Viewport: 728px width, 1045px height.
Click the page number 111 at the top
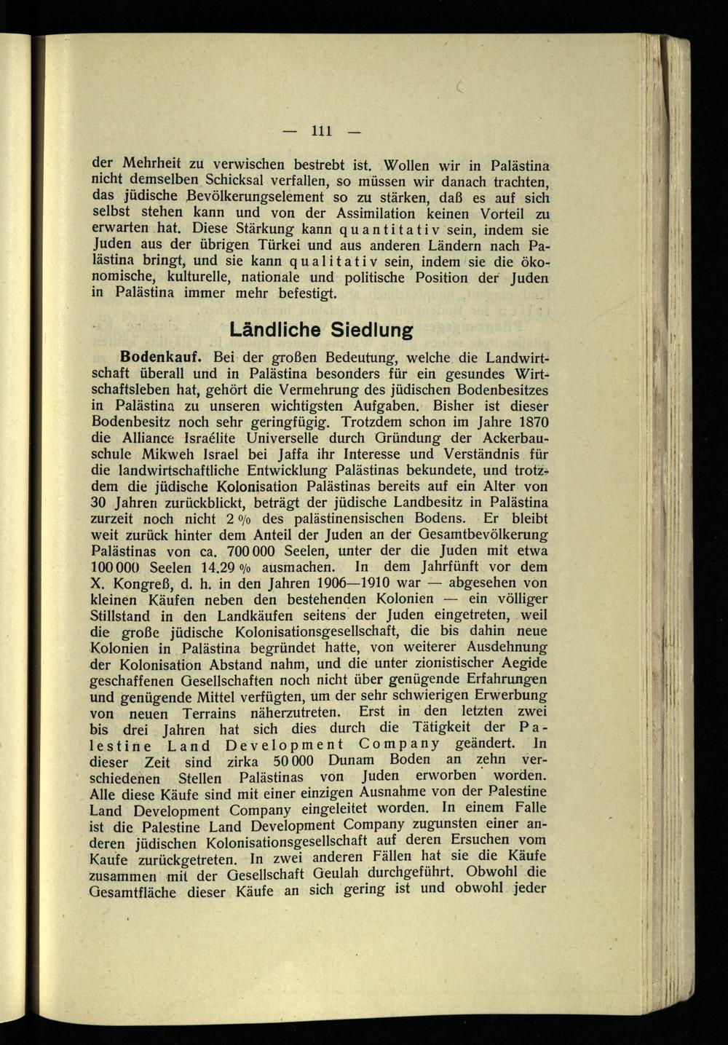pos(322,131)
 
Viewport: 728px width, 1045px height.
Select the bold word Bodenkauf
pos(161,358)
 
